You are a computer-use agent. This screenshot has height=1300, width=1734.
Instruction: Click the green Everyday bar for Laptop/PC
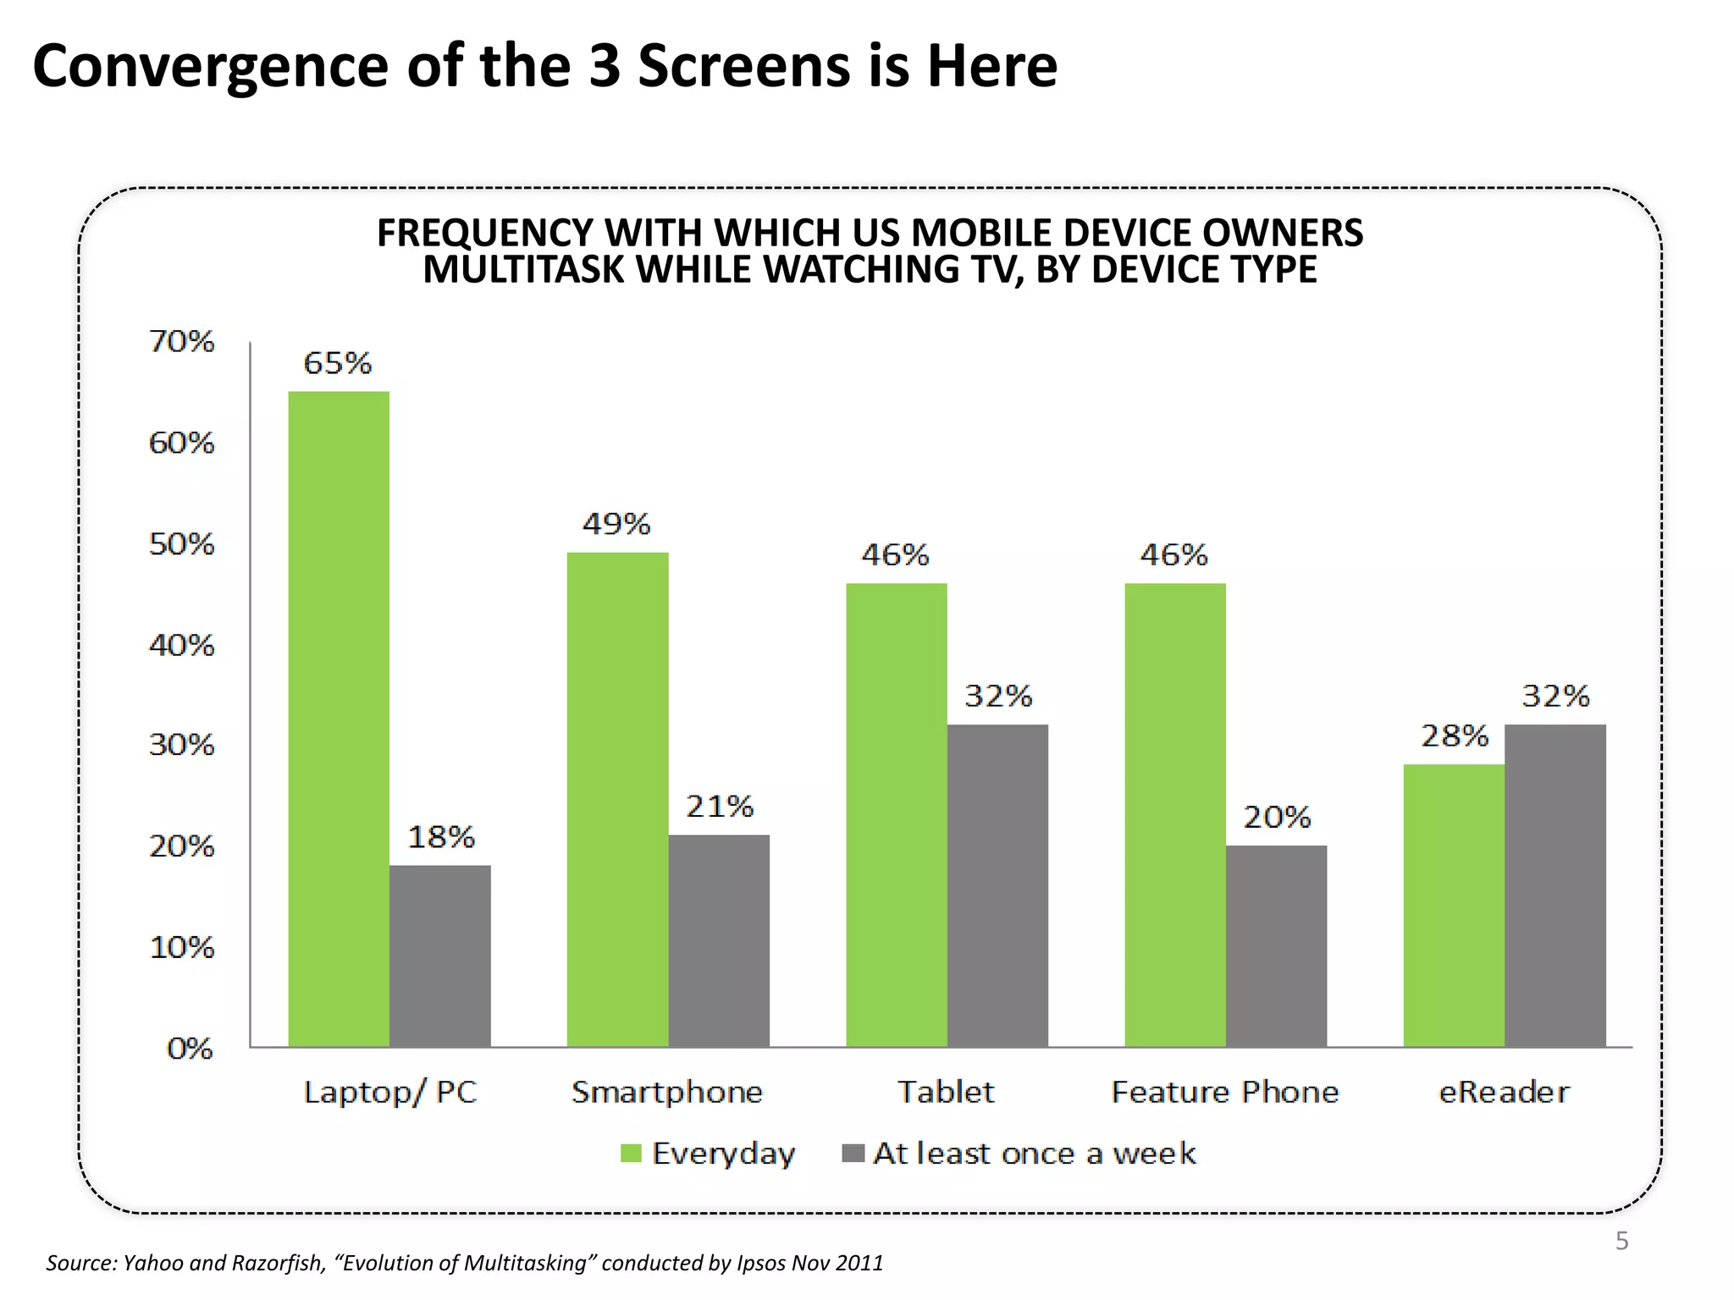click(x=339, y=719)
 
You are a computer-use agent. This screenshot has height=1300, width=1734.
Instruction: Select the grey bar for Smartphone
click(x=719, y=941)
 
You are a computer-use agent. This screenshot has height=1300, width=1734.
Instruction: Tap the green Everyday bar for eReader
click(x=1454, y=906)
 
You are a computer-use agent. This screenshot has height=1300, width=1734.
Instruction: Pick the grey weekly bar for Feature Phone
click(x=1276, y=946)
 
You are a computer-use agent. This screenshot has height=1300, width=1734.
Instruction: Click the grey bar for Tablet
click(x=997, y=885)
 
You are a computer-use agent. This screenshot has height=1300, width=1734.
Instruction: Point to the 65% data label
click(x=337, y=363)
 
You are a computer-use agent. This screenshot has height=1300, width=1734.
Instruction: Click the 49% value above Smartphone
click(x=616, y=524)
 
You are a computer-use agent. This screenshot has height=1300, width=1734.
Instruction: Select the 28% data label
click(x=1454, y=735)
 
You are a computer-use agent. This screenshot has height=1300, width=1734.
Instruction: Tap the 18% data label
click(x=441, y=837)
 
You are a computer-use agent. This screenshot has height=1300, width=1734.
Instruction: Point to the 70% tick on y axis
click(x=181, y=341)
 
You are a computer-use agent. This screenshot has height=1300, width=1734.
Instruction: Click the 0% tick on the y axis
click(x=189, y=1049)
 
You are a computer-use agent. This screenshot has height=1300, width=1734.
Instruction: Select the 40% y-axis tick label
click(x=181, y=645)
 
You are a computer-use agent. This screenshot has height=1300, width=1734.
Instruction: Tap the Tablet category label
click(x=946, y=1092)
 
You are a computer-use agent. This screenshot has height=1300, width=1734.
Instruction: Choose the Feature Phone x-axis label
click(x=1224, y=1092)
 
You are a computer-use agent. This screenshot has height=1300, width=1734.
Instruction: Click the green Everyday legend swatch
click(x=631, y=1154)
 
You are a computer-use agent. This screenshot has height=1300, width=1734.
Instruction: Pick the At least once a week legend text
click(x=1034, y=1154)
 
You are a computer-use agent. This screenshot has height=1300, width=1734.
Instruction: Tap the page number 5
click(x=1621, y=1241)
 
